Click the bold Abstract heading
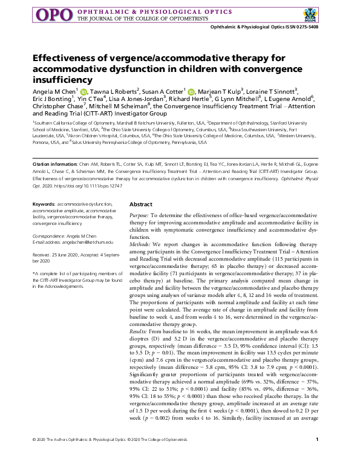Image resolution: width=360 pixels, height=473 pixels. coord(141,205)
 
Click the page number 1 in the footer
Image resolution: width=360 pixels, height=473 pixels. coord(326,456)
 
